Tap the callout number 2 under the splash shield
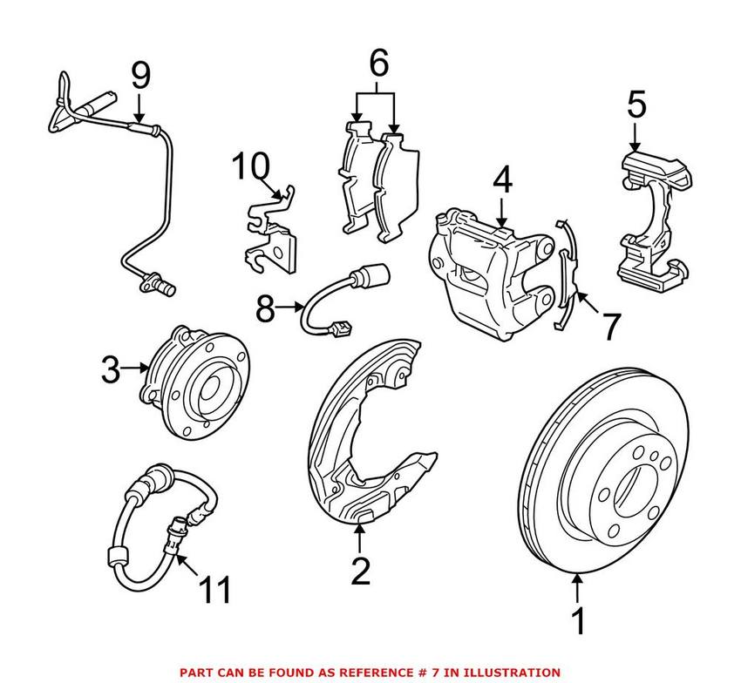click(x=360, y=571)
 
